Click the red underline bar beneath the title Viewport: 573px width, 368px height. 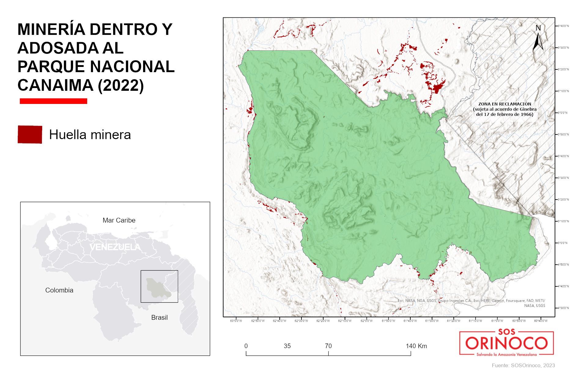[x=53, y=101]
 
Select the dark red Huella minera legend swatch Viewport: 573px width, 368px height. [x=30, y=134]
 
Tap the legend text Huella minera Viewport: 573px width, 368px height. [x=90, y=135]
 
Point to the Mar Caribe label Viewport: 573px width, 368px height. [x=119, y=220]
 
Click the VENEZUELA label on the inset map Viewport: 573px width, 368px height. [x=115, y=247]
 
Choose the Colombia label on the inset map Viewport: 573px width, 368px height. [x=59, y=290]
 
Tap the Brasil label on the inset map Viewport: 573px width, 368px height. [x=159, y=318]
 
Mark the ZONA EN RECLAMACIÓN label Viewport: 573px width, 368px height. [x=505, y=104]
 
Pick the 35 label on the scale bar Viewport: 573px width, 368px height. [x=287, y=346]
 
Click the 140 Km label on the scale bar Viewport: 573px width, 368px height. [x=416, y=346]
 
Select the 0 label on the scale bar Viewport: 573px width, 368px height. [x=246, y=346]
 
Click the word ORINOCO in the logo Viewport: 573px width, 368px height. [x=506, y=344]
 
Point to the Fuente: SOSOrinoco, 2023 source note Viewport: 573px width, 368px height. [x=523, y=365]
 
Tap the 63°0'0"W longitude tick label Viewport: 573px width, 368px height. [x=236, y=321]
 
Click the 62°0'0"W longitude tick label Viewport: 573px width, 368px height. [x=366, y=321]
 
